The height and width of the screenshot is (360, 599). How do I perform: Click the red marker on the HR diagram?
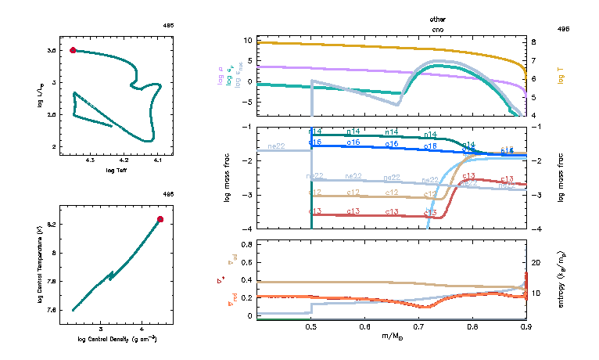pos(73,50)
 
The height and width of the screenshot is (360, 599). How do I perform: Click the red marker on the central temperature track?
pos(160,219)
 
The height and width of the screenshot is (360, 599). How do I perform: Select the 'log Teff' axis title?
pos(116,170)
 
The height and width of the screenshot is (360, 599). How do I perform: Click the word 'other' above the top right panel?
pos(437,18)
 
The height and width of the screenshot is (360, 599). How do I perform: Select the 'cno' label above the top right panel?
pos(437,27)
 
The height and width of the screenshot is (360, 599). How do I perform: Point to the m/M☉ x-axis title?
pos(392,337)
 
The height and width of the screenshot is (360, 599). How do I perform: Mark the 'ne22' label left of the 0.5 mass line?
pos(276,146)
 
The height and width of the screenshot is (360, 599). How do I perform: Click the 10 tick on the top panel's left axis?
pos(248,40)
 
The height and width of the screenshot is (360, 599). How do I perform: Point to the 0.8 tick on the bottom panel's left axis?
pos(247,245)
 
